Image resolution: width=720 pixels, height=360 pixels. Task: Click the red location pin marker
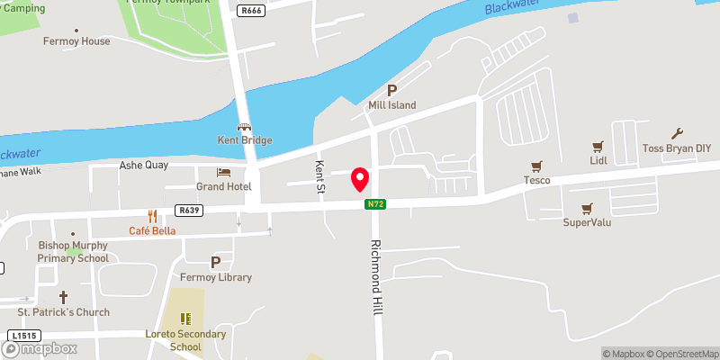coord(360,178)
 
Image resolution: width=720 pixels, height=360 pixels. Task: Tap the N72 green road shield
coord(375,205)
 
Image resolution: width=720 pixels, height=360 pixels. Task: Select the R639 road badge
coord(188,211)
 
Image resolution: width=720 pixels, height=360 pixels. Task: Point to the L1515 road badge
coord(21,336)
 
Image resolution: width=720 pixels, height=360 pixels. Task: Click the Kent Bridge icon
coord(244,127)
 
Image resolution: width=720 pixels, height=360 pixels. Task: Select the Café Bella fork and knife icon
coord(152,216)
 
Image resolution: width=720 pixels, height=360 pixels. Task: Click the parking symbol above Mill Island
coord(391,90)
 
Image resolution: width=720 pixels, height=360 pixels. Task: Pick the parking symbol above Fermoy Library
coord(215,262)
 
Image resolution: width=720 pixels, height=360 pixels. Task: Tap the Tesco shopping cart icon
coord(537,166)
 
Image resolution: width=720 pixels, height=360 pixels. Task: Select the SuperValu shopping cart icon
coord(587,208)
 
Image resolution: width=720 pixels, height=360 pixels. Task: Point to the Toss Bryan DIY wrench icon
coord(677,133)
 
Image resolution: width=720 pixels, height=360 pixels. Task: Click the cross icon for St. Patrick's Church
coord(63,296)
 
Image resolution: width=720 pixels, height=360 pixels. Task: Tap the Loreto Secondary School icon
coord(185,319)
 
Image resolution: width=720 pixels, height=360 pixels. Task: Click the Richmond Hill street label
coord(377,277)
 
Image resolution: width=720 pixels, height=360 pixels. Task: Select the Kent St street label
coord(319,176)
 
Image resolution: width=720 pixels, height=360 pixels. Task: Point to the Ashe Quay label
coord(144,166)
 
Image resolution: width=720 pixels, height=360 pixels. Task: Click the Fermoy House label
coord(76,41)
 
